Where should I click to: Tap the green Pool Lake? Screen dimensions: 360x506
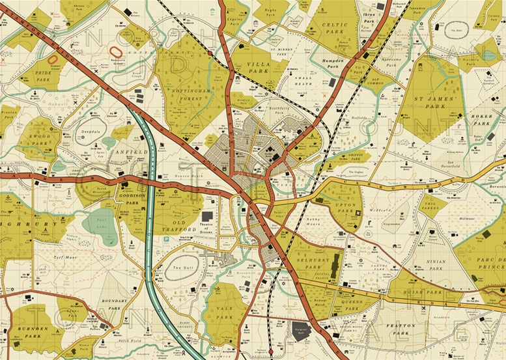point(100,223)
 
